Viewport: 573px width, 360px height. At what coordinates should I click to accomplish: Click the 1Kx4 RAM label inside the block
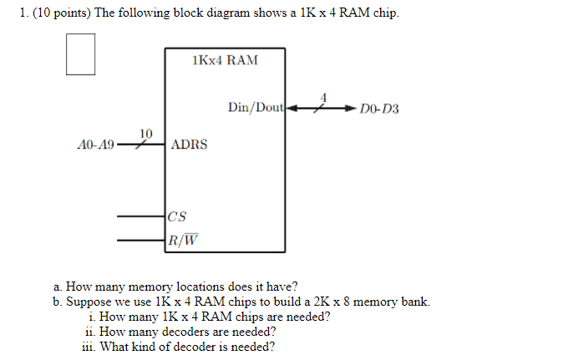pyautogui.click(x=225, y=60)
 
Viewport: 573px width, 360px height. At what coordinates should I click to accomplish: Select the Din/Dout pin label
pyautogui.click(x=256, y=108)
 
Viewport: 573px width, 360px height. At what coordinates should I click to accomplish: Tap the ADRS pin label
pyautogui.click(x=189, y=145)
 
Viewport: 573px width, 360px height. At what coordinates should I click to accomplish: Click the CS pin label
pyautogui.click(x=177, y=216)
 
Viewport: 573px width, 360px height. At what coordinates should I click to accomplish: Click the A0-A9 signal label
pyautogui.click(x=94, y=145)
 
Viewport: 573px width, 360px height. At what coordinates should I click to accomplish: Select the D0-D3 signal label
pyautogui.click(x=379, y=109)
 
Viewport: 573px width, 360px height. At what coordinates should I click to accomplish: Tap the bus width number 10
pyautogui.click(x=146, y=133)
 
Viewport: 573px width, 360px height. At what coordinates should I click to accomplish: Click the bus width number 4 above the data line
pyautogui.click(x=323, y=97)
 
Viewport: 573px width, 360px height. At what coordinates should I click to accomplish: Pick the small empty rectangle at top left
pyautogui.click(x=80, y=54)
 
